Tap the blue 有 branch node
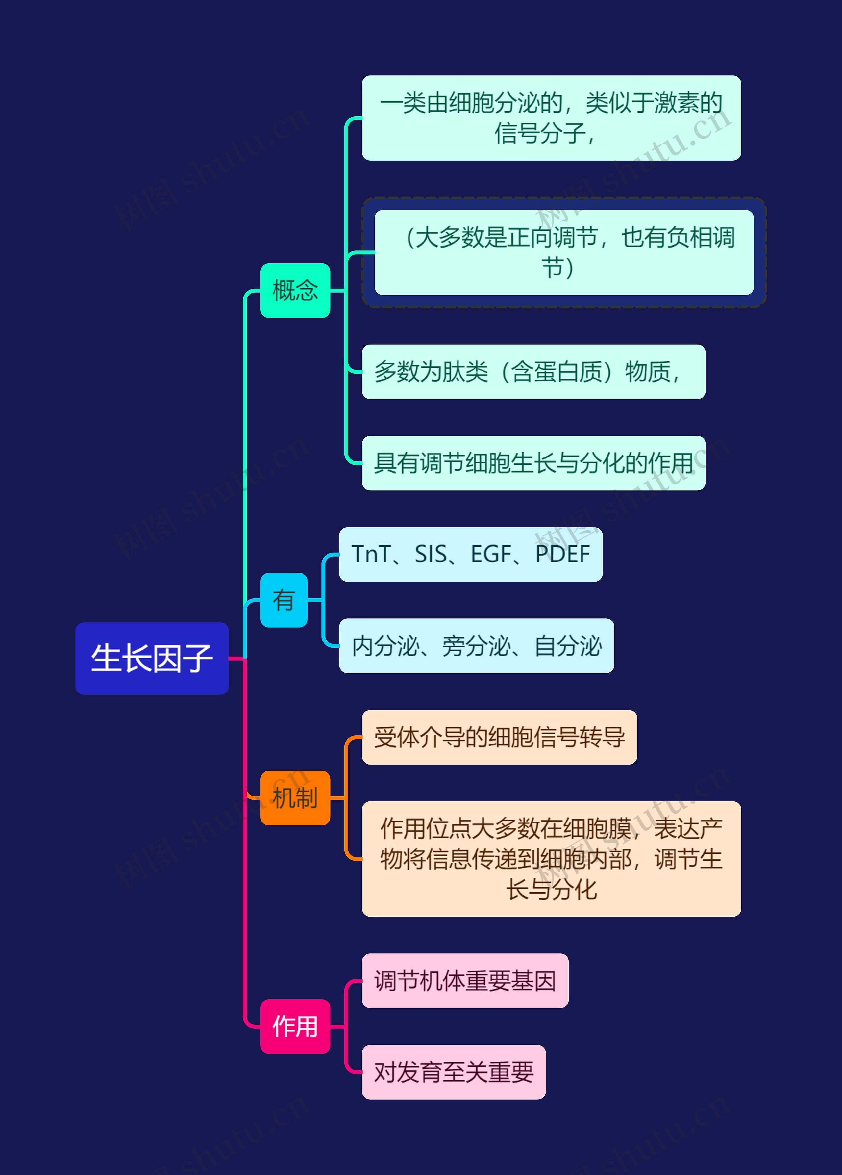284,600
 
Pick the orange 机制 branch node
295,798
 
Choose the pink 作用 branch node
295,1026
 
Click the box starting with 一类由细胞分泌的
551,118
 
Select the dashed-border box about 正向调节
564,252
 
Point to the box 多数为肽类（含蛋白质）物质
533,372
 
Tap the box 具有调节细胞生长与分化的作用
533,463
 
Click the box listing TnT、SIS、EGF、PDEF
470,554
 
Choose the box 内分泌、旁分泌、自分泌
476,646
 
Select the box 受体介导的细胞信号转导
499,737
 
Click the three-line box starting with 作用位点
551,859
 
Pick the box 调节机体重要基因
465,981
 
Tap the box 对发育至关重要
454,1072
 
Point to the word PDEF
562,554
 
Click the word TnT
371,554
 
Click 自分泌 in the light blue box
568,646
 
